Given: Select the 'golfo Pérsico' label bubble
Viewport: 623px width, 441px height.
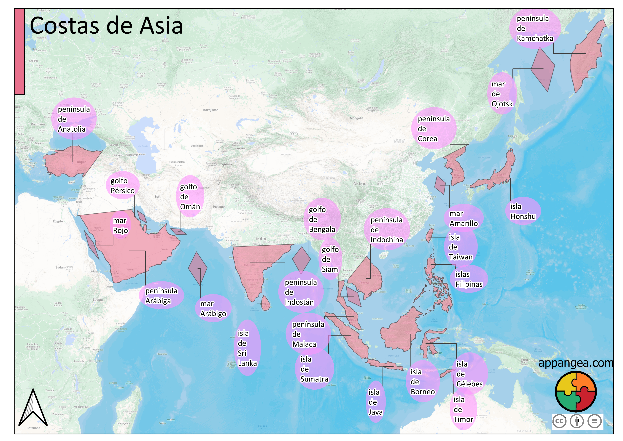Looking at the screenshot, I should click(x=122, y=185).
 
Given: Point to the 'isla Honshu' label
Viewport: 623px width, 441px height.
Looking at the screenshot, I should click(x=523, y=211).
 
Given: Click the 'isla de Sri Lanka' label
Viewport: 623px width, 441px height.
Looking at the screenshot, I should click(x=247, y=348).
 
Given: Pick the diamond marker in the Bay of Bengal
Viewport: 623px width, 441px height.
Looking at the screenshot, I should click(x=301, y=259).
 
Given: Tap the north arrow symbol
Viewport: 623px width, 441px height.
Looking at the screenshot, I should click(x=33, y=409).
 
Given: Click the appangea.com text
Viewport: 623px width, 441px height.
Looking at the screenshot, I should click(x=576, y=363).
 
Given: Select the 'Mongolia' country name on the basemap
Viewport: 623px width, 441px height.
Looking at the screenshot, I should click(x=356, y=118).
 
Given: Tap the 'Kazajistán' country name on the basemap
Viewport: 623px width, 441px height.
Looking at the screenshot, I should click(x=211, y=110).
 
